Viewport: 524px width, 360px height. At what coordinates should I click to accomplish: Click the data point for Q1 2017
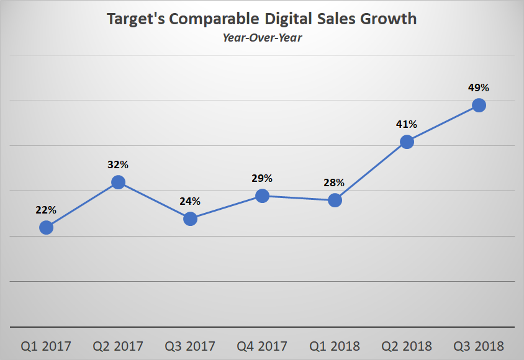[x=46, y=228]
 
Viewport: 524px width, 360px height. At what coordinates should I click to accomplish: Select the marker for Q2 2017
[x=118, y=182]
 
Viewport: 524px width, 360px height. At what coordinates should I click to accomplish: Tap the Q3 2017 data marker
[x=190, y=218]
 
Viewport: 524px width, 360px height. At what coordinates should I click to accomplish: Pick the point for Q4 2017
[x=262, y=196]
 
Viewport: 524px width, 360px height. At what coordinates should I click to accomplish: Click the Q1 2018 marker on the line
[x=335, y=200]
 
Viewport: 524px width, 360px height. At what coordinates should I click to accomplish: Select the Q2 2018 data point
[x=407, y=142]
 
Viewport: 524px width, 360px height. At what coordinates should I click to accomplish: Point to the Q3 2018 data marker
[x=479, y=105]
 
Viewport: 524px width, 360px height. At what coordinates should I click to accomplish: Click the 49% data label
[x=479, y=88]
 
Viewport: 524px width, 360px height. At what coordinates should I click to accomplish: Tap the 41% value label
[x=407, y=124]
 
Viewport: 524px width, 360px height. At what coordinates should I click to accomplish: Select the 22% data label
[x=46, y=210]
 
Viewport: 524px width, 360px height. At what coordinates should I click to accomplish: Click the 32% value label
[x=118, y=164]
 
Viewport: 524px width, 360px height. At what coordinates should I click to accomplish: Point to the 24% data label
[x=190, y=201]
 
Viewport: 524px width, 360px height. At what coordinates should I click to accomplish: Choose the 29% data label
[x=262, y=178]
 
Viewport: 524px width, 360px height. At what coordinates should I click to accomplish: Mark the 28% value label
[x=335, y=183]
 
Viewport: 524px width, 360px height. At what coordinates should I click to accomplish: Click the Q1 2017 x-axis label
[x=46, y=346]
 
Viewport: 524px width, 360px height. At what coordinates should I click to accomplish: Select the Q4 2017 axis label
[x=262, y=346]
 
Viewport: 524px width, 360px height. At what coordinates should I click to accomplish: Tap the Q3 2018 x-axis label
[x=479, y=346]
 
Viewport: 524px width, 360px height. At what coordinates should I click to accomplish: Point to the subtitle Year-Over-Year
[x=262, y=37]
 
